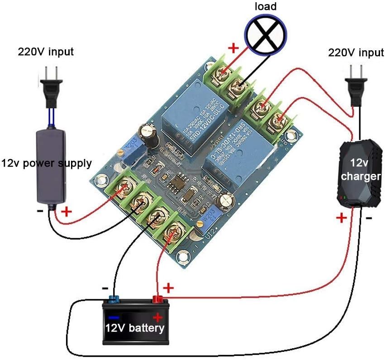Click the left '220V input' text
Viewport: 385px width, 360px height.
coord(46,52)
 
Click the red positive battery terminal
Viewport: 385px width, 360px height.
coord(158,299)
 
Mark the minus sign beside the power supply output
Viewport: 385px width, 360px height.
coord(41,211)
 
